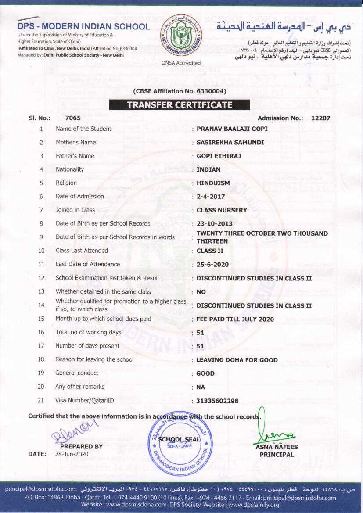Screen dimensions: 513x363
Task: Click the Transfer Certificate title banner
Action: (x=180, y=105)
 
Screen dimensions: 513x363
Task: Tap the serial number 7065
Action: (x=73, y=118)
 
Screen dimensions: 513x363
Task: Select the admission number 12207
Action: (x=320, y=118)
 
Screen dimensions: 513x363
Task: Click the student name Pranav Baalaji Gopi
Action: (x=232, y=129)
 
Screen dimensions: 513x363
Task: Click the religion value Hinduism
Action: (x=213, y=183)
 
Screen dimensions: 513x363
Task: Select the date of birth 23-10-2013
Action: (x=215, y=224)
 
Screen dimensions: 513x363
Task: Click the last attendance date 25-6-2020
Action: (x=213, y=265)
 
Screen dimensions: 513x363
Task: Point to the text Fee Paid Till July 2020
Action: (x=235, y=319)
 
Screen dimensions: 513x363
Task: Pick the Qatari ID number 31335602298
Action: (x=217, y=401)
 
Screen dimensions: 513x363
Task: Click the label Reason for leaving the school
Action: (x=94, y=359)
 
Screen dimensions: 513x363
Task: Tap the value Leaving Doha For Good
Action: (x=237, y=360)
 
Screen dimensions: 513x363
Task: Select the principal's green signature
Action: (x=275, y=434)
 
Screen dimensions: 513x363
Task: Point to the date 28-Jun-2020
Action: (x=72, y=454)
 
